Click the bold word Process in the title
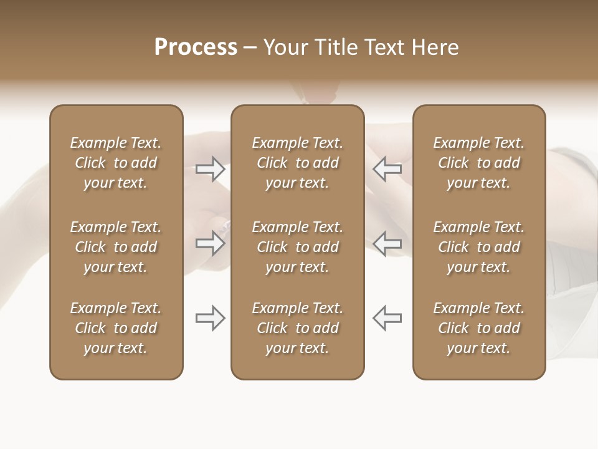pyautogui.click(x=196, y=47)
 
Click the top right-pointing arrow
pyautogui.click(x=211, y=169)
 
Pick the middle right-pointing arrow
pyautogui.click(x=211, y=244)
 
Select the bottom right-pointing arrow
pyautogui.click(x=211, y=318)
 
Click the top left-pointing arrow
pyautogui.click(x=387, y=169)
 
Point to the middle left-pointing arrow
pyautogui.click(x=387, y=244)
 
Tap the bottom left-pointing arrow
pyautogui.click(x=387, y=318)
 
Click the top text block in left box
pyautogui.click(x=116, y=163)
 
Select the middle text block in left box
pyautogui.click(x=116, y=247)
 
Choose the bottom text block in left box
pyautogui.click(x=116, y=328)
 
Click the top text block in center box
pyautogui.click(x=297, y=163)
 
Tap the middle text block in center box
pyautogui.click(x=297, y=247)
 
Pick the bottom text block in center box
pyautogui.click(x=297, y=328)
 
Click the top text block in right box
pyautogui.click(x=478, y=163)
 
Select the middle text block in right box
pyautogui.click(x=478, y=247)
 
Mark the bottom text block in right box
pyautogui.click(x=478, y=328)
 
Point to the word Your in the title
pyautogui.click(x=285, y=47)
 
